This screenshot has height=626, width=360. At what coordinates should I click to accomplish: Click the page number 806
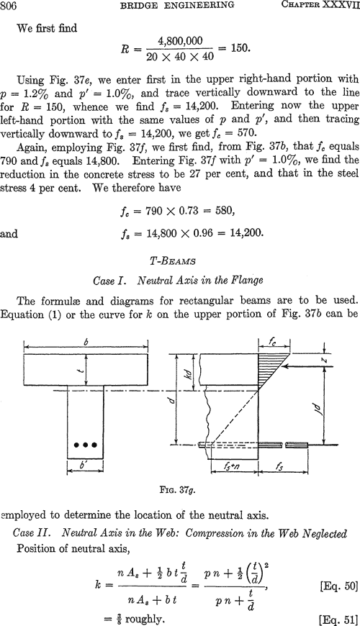[9, 5]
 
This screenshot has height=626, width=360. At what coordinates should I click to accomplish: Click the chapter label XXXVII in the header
[343, 5]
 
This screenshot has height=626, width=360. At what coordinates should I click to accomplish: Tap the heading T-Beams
[173, 261]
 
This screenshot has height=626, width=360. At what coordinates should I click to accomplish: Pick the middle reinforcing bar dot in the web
[86, 445]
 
